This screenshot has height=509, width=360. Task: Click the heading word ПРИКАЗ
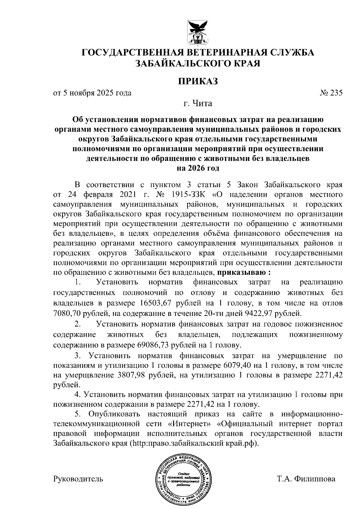tap(198, 81)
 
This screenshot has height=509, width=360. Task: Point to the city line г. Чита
tap(198, 104)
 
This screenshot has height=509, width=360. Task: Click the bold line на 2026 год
tap(198, 168)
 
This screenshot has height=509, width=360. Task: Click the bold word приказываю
tap(241, 273)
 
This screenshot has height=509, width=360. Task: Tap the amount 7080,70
tap(66, 313)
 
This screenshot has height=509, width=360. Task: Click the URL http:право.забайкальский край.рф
tap(194, 443)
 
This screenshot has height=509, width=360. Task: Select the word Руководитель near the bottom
tap(78, 479)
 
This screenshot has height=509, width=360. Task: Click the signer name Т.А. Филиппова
tap(306, 479)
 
